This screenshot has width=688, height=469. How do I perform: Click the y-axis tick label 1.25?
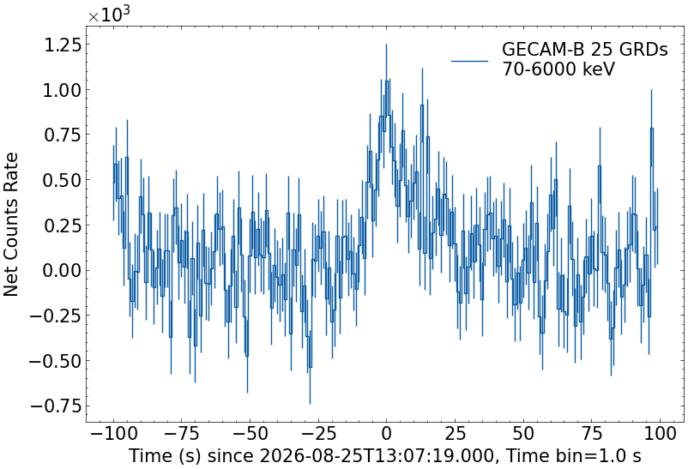(x=63, y=45)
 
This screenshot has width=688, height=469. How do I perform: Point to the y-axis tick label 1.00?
(x=62, y=91)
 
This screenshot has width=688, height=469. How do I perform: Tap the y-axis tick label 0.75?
(x=63, y=135)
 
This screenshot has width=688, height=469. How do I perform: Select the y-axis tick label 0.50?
(x=62, y=180)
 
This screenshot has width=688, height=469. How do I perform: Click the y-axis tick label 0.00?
(x=62, y=271)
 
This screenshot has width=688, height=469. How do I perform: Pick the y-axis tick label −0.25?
(x=55, y=316)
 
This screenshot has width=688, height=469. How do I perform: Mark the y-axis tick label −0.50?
(x=55, y=362)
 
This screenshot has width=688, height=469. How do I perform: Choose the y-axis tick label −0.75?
(x=55, y=406)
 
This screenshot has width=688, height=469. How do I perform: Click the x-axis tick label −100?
(x=113, y=434)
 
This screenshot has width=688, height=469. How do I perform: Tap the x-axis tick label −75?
(x=182, y=434)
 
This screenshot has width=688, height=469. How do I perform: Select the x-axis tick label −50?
(x=250, y=434)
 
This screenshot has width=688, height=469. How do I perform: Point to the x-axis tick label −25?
(x=317, y=434)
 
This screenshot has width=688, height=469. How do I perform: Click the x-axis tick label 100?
(x=660, y=434)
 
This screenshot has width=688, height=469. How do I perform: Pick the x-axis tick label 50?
(x=523, y=434)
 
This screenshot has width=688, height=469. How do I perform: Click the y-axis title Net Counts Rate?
(x=10, y=225)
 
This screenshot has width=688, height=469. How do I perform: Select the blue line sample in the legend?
(x=469, y=62)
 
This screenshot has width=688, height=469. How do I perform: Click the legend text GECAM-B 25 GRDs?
(x=584, y=50)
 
